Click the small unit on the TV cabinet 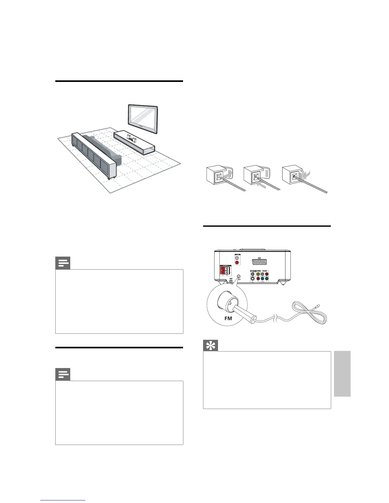click(x=131, y=137)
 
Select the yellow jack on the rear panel click(x=258, y=274)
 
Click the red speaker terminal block click(x=224, y=271)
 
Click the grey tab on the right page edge click(x=342, y=373)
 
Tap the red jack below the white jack click(x=236, y=263)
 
